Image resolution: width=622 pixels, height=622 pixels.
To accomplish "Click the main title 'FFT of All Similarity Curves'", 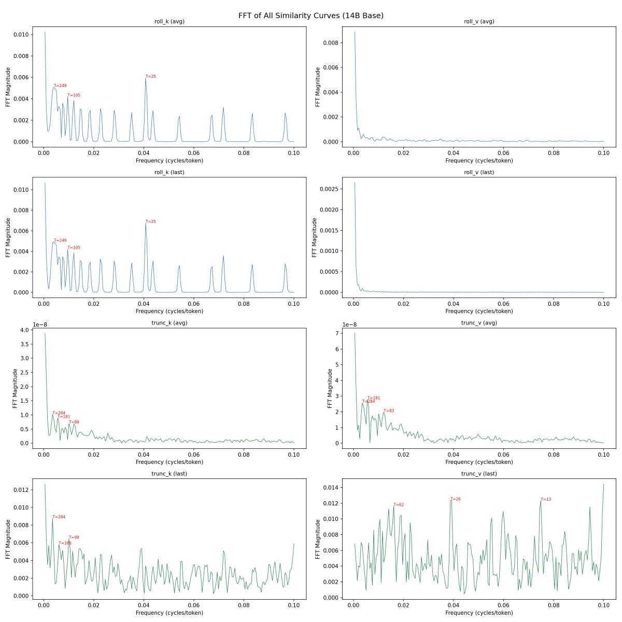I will pos(310,16).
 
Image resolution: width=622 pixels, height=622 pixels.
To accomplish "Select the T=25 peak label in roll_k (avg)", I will pos(150,77).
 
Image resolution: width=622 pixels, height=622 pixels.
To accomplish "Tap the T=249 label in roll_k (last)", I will pos(60,241).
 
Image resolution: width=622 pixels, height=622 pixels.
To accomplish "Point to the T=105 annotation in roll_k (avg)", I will pos(74,95).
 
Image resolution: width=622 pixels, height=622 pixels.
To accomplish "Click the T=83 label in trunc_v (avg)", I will pos(389,411).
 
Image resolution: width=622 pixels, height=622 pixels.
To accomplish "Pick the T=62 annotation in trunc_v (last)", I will pos(398,505).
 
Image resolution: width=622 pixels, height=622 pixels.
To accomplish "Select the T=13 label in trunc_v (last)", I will pos(546,500).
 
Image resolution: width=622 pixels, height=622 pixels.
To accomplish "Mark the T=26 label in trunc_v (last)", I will pos(455,499).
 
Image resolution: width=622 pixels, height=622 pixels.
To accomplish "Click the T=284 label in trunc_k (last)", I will pos(59,517).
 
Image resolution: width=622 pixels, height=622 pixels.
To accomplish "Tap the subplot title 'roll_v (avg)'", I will pos(479,21).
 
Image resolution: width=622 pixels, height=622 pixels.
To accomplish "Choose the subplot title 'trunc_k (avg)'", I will pos(169,323).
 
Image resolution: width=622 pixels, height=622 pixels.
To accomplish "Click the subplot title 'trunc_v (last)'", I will pos(479,474).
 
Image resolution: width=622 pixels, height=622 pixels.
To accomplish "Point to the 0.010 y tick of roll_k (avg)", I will pos(21,35).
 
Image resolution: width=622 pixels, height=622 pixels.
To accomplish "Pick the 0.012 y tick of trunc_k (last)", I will pos(21,490).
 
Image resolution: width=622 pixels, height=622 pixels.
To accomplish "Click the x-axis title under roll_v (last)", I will pos(479,312).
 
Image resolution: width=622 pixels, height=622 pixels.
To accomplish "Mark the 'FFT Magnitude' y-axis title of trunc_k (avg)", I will pos(15,388).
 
